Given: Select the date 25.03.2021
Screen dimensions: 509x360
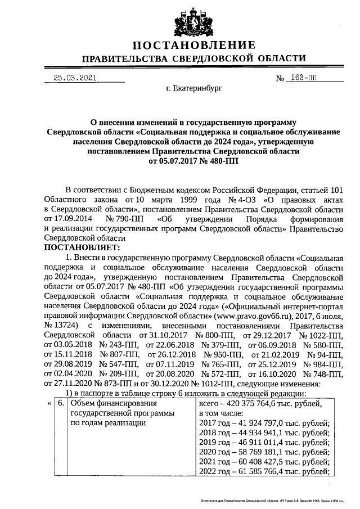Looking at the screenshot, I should pos(71,79).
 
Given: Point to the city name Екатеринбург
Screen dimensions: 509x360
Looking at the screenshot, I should pos(194,89).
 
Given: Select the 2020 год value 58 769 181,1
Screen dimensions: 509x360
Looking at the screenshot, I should pos(276,452).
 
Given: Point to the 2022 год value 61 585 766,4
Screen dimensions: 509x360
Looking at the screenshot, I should pos(276,471).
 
